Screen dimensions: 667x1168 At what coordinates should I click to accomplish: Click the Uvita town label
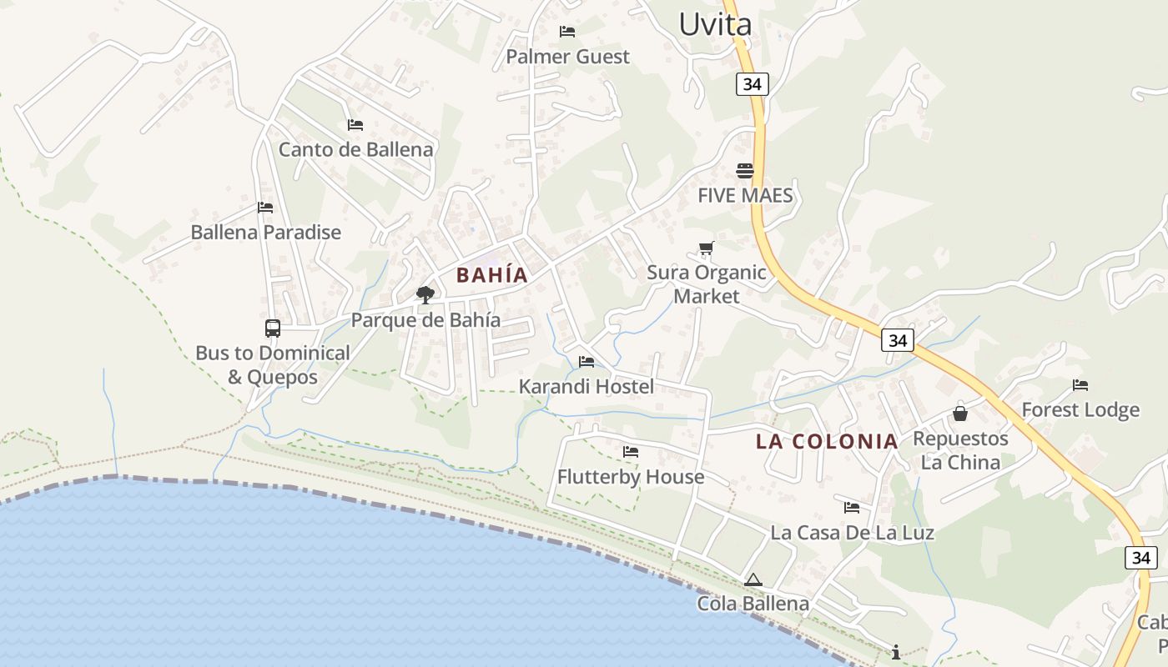tap(715, 23)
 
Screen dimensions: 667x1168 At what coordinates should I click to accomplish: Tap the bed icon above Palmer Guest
tap(567, 32)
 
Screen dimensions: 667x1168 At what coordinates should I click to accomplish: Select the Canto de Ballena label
tap(355, 150)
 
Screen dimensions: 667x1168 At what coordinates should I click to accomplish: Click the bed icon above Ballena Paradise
tap(265, 208)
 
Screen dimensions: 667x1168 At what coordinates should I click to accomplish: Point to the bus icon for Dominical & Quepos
tap(273, 328)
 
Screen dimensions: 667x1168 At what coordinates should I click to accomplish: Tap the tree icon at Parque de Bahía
tap(425, 294)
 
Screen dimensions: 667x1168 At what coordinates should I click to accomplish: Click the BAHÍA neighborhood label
tap(492, 275)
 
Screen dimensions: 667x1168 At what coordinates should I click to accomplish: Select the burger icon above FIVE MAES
tap(745, 171)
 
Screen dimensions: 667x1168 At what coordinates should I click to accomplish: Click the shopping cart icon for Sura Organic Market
tap(707, 248)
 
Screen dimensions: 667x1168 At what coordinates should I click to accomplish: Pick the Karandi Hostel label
tap(587, 387)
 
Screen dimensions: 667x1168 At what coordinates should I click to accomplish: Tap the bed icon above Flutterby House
tap(631, 452)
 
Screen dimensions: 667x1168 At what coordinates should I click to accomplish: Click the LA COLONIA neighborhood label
tap(827, 442)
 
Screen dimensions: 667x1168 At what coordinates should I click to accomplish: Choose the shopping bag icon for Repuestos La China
tap(960, 414)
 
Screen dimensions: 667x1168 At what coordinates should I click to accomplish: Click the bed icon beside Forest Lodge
tap(1080, 385)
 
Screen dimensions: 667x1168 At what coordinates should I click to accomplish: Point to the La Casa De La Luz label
tap(852, 532)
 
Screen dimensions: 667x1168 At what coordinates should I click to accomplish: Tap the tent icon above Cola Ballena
tap(753, 579)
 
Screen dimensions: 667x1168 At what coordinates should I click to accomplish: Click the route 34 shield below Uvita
tap(752, 84)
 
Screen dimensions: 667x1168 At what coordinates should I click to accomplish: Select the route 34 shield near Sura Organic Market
tap(897, 340)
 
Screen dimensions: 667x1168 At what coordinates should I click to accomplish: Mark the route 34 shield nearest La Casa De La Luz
tap(1140, 558)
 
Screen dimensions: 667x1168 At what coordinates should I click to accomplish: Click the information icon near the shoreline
tap(896, 652)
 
